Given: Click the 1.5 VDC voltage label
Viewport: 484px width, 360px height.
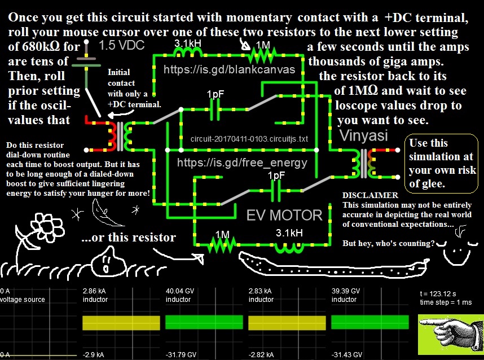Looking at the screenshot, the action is [x=122, y=45].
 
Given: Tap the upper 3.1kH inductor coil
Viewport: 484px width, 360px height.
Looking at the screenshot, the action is [x=188, y=54].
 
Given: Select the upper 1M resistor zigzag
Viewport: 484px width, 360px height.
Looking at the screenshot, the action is [x=263, y=55].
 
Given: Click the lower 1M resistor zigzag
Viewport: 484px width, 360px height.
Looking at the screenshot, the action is [x=222, y=245].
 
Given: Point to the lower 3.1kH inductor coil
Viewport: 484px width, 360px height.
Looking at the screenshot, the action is [x=289, y=247].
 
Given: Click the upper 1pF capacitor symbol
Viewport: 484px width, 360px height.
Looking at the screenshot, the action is [x=215, y=109].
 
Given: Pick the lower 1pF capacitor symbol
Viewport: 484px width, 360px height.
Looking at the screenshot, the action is [x=276, y=191].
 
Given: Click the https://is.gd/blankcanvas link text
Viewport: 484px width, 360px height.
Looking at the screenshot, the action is [x=230, y=69].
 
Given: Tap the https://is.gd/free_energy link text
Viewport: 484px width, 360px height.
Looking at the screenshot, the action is [x=243, y=163].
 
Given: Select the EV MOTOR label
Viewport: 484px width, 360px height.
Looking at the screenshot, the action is [x=284, y=215].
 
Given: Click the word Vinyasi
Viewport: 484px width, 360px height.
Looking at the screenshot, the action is [x=364, y=136].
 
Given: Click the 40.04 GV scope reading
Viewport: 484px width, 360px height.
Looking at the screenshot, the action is [x=180, y=291].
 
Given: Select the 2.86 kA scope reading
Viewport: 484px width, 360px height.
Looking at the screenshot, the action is [x=94, y=291].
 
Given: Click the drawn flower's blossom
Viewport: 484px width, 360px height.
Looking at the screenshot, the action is [x=47, y=227].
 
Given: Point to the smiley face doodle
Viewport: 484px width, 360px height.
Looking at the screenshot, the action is [x=456, y=252].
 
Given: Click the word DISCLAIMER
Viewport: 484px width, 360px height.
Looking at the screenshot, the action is [x=371, y=195].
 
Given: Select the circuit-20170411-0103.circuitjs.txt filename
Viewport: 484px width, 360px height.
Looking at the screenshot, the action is [x=249, y=139].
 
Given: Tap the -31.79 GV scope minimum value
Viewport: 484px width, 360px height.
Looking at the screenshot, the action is [x=181, y=355].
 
